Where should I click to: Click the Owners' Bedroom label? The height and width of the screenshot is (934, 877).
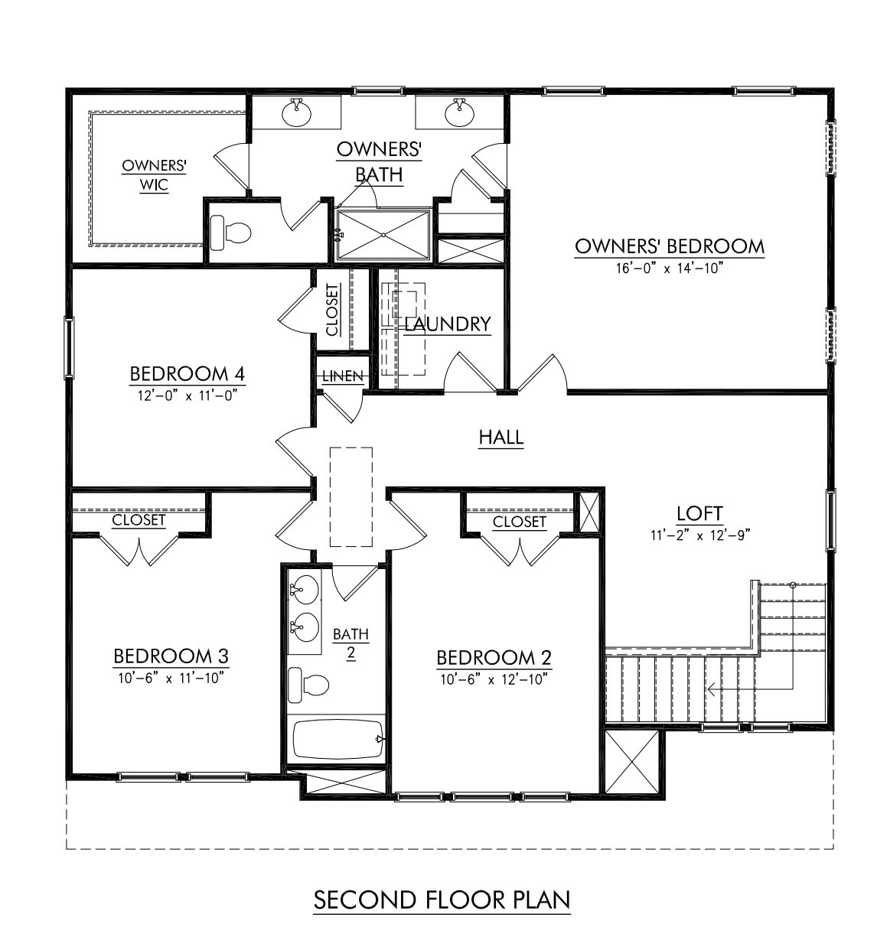point(669,246)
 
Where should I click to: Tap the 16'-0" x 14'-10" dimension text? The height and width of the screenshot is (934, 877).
point(669,268)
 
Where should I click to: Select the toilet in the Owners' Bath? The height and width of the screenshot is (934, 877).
point(230,233)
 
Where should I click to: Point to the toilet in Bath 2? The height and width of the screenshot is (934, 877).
point(308,685)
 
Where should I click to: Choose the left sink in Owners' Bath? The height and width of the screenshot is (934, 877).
point(296,113)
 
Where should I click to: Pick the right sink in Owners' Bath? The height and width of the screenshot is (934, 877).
point(459,113)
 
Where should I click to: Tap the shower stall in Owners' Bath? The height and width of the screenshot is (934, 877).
point(383,234)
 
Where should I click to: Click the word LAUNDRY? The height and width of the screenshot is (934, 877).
point(448,324)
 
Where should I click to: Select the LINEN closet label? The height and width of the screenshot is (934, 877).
point(343,376)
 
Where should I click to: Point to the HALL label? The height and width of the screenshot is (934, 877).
point(501,438)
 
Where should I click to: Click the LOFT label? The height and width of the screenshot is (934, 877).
point(699,513)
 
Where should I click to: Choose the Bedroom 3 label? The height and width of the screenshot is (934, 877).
point(171,656)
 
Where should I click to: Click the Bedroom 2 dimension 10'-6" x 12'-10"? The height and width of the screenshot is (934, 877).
point(494,679)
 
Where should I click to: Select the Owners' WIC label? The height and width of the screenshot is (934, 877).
point(155,175)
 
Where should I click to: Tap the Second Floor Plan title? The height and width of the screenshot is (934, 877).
point(442,900)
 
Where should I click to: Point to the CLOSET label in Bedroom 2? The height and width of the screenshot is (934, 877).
point(520,522)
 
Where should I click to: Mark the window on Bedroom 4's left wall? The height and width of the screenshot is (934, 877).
point(69,347)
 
